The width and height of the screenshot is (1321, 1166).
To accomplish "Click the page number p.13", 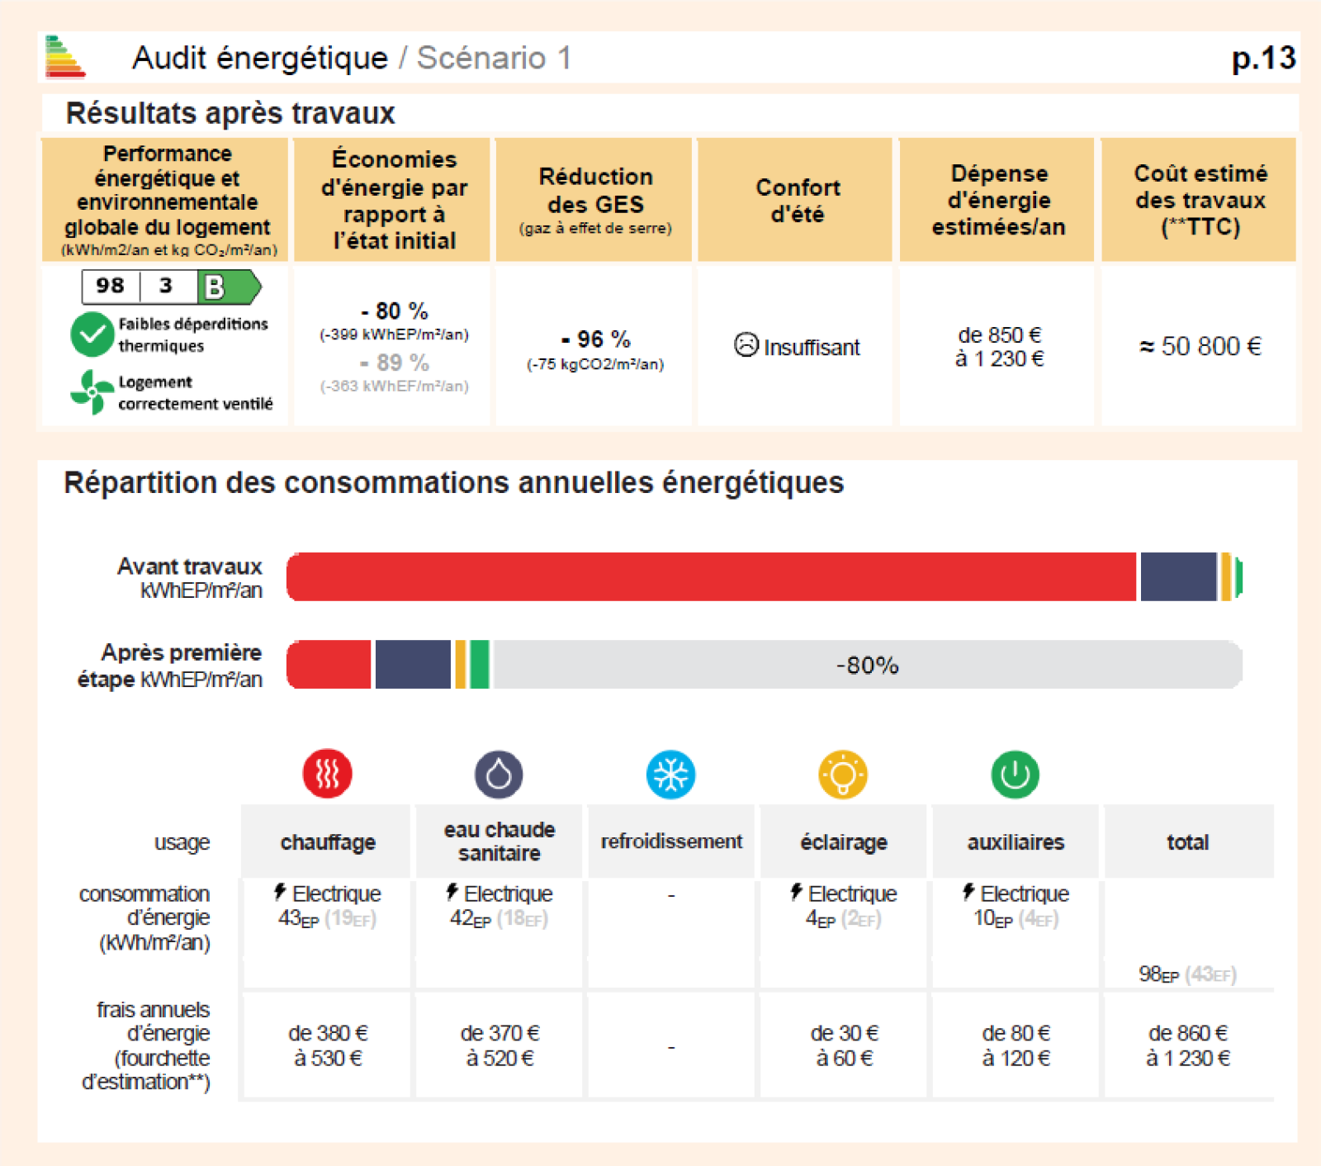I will [1262, 59].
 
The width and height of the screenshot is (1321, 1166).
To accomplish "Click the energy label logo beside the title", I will [64, 57].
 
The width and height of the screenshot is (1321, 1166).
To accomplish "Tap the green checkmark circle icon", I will [92, 334].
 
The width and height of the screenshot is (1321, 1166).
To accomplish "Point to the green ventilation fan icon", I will [92, 391].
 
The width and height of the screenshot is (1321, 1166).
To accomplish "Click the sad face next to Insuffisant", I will [746, 345].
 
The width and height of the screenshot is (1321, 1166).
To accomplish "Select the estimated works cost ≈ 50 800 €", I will [1200, 346].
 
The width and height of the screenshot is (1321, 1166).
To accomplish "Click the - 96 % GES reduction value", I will [595, 339].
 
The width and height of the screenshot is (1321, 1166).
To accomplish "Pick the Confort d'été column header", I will [797, 201].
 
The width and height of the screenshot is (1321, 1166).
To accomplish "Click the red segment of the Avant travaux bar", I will [710, 576].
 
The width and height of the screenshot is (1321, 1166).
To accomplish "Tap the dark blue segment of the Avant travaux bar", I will [1178, 576].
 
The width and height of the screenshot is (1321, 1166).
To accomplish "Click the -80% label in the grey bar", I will [867, 665].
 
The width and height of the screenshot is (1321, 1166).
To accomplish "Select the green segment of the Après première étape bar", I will [480, 665].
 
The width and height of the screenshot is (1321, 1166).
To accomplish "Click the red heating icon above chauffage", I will [328, 775].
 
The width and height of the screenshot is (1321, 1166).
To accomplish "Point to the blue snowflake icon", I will [670, 775].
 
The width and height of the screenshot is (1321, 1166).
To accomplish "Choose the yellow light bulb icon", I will [843, 775].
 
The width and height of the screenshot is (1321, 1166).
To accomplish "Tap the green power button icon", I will [1015, 775].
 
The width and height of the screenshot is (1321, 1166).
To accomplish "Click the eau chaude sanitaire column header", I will [499, 841].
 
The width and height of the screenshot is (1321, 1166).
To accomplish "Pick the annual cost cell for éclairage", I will [843, 1045].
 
